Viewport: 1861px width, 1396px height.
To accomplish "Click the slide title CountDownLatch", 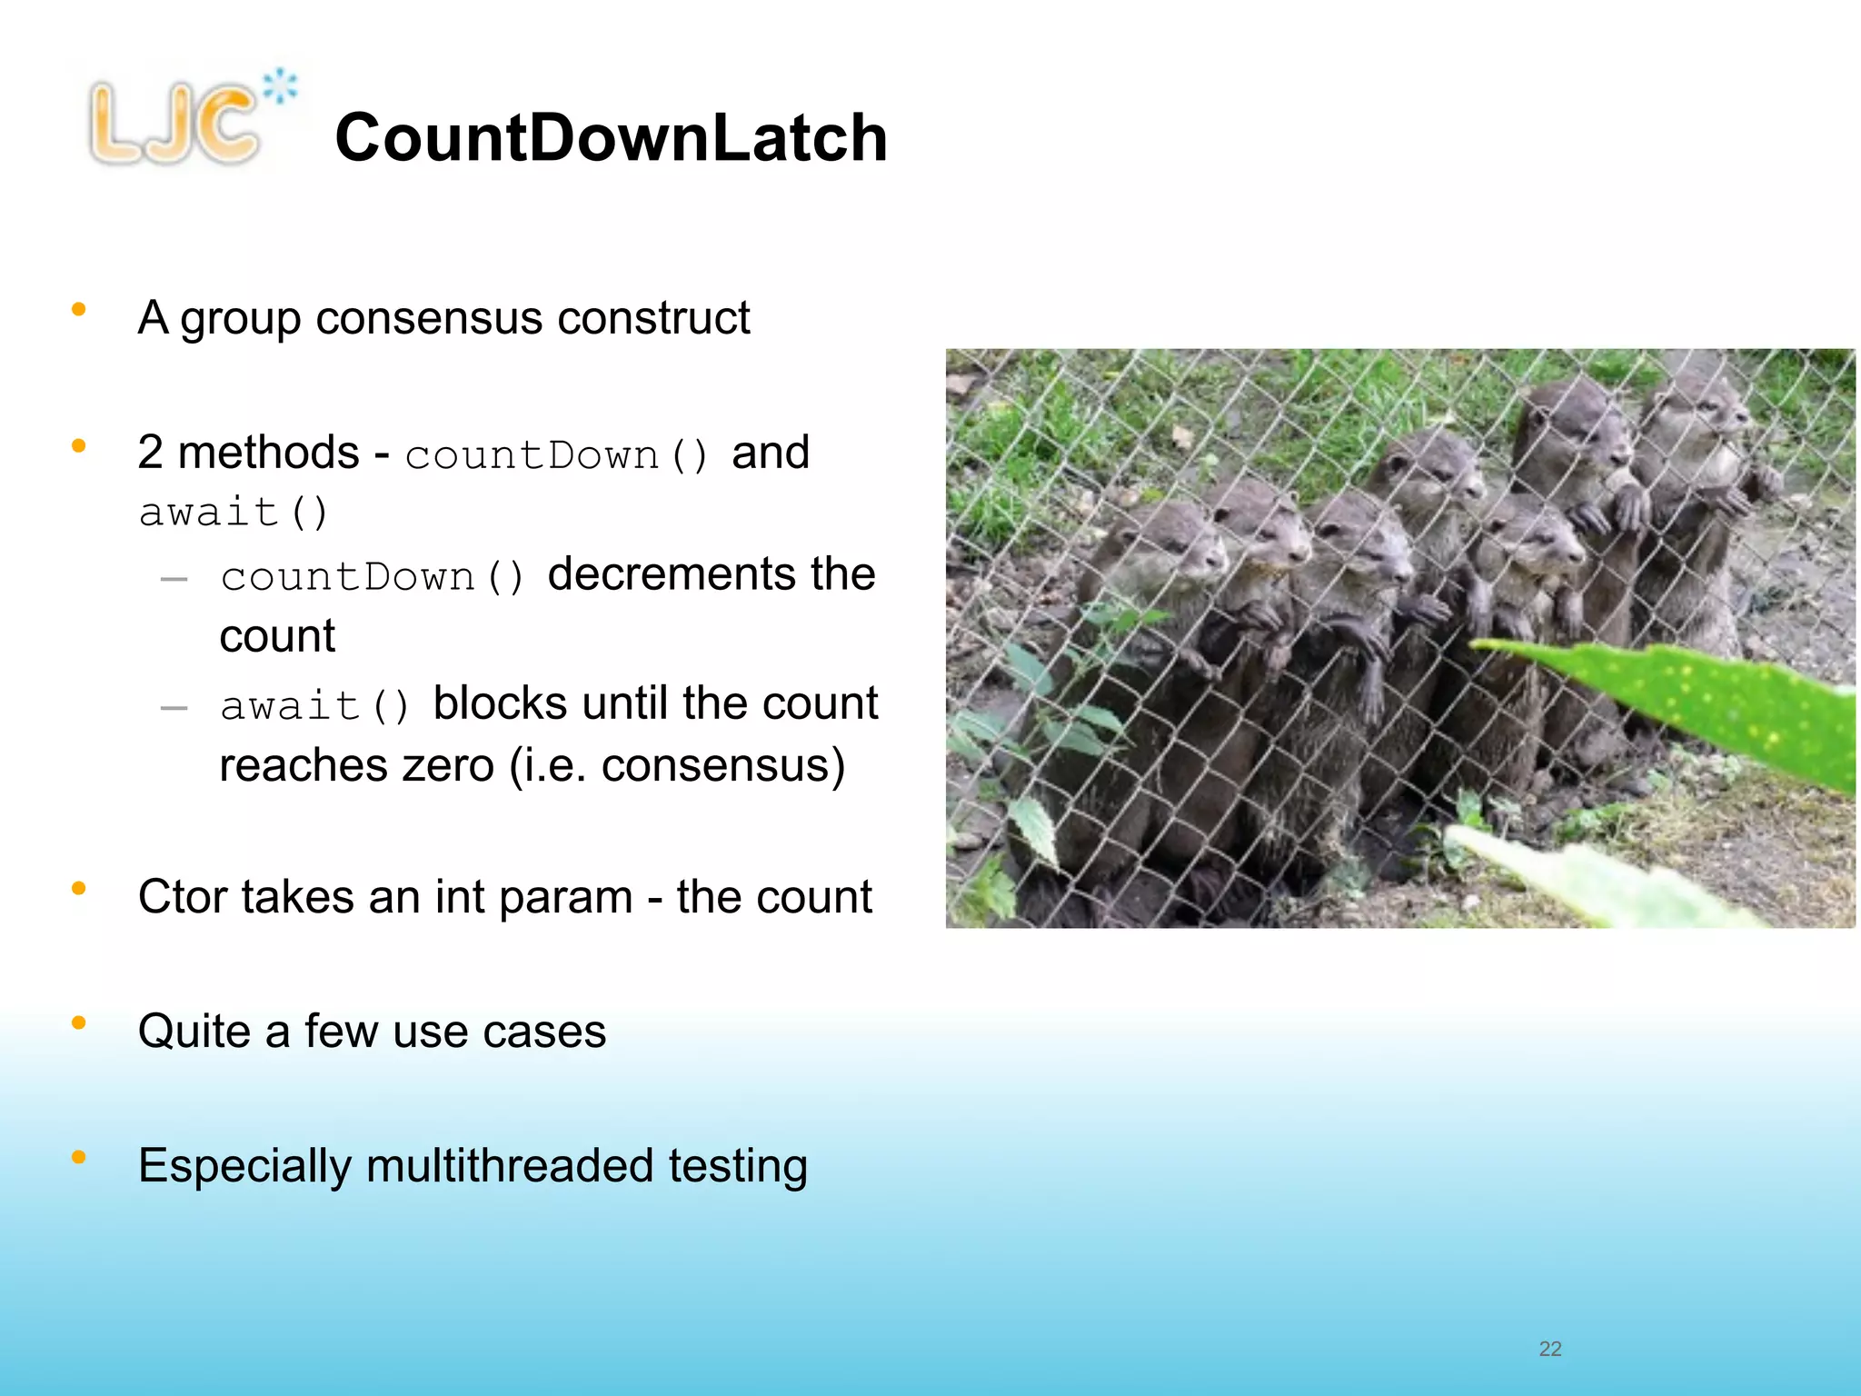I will point(611,138).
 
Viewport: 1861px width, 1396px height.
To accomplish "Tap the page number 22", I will point(1549,1349).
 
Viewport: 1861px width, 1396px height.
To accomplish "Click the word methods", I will point(268,453).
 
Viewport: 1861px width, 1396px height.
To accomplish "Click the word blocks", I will point(500,703).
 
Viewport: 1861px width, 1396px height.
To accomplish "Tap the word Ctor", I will point(182,897).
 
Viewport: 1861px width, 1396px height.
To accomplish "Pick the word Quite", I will point(194,1032).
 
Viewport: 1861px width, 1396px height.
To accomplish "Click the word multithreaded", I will point(510,1166).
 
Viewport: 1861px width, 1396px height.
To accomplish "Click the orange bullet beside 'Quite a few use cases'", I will point(79,1023).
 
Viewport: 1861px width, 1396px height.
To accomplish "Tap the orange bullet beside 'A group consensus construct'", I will point(79,310).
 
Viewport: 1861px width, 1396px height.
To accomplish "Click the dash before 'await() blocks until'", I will point(174,708).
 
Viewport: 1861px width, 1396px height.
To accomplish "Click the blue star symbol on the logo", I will point(280,86).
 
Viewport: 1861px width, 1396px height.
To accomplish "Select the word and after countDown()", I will point(770,453).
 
